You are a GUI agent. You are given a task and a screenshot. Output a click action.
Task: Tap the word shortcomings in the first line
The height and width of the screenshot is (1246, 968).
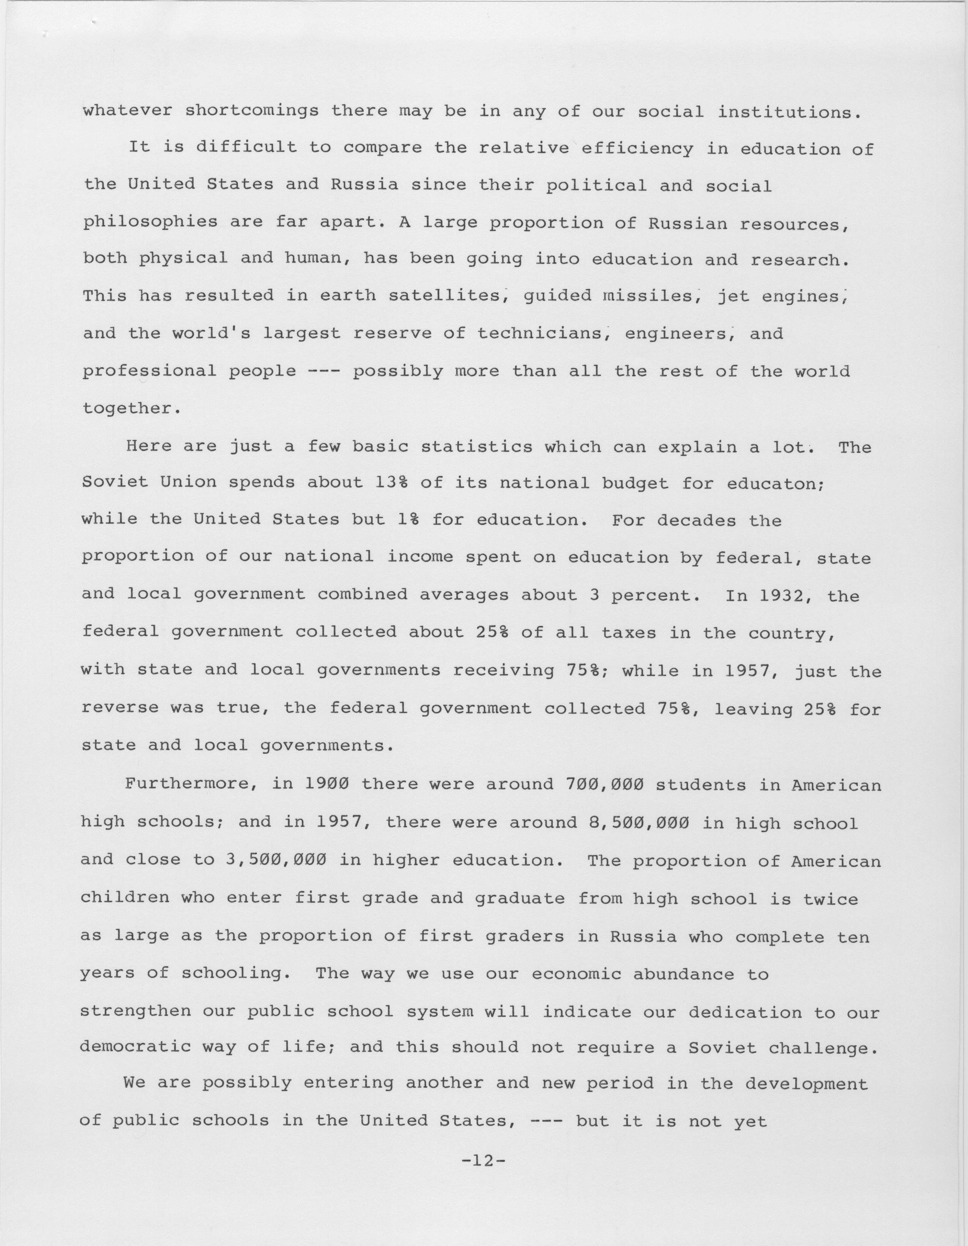point(252,111)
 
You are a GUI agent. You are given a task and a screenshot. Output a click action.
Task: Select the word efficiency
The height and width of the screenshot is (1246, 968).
point(637,148)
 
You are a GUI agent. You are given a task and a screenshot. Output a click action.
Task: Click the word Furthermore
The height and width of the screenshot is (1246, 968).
point(192,784)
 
